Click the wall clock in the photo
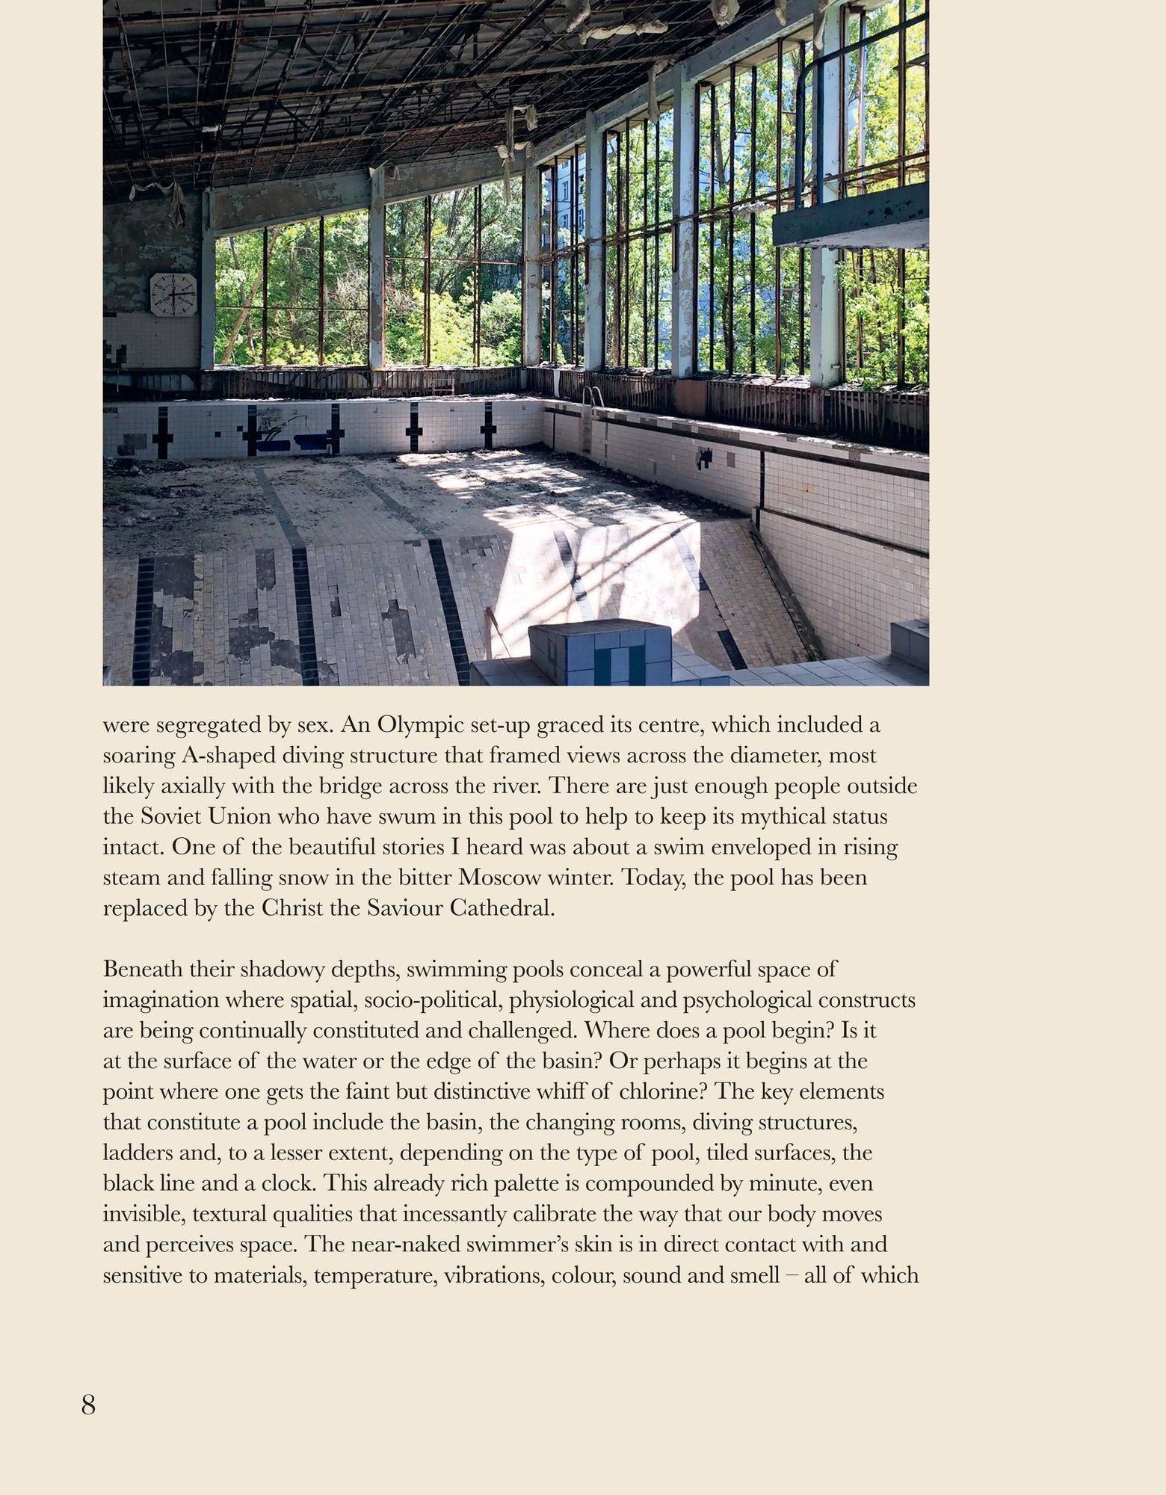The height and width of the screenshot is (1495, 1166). click(x=173, y=294)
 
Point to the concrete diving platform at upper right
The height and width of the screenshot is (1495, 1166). click(x=850, y=217)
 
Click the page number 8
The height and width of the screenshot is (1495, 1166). click(x=88, y=1406)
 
